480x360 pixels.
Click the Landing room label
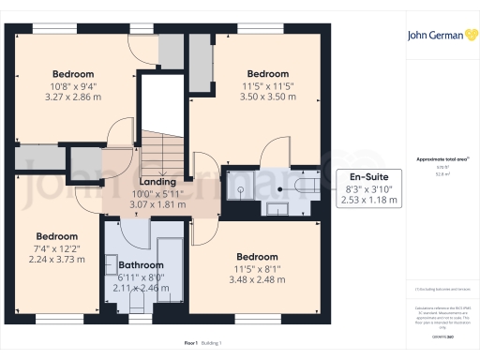coord(157,181)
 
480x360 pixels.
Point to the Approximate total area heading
coord(442,159)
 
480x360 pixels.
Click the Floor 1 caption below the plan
coord(168,345)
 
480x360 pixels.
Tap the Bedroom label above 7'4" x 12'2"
coord(56,236)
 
